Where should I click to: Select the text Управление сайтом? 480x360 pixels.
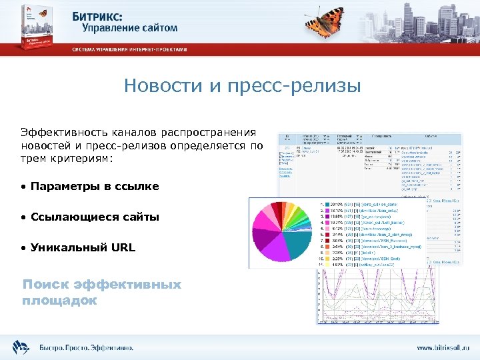pyautogui.click(x=130, y=28)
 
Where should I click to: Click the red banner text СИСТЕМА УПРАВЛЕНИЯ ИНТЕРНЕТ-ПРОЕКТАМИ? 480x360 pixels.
pyautogui.click(x=130, y=50)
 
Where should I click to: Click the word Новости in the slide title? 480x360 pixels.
pyautogui.click(x=159, y=87)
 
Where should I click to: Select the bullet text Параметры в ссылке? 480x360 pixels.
pyautogui.click(x=94, y=187)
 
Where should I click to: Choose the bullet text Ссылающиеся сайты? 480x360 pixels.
pyautogui.click(x=94, y=217)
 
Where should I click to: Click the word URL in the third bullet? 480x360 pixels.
pyautogui.click(x=123, y=247)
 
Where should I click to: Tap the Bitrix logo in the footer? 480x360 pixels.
pyautogui.click(x=21, y=346)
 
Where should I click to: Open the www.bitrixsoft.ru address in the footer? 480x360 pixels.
pyautogui.click(x=443, y=347)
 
